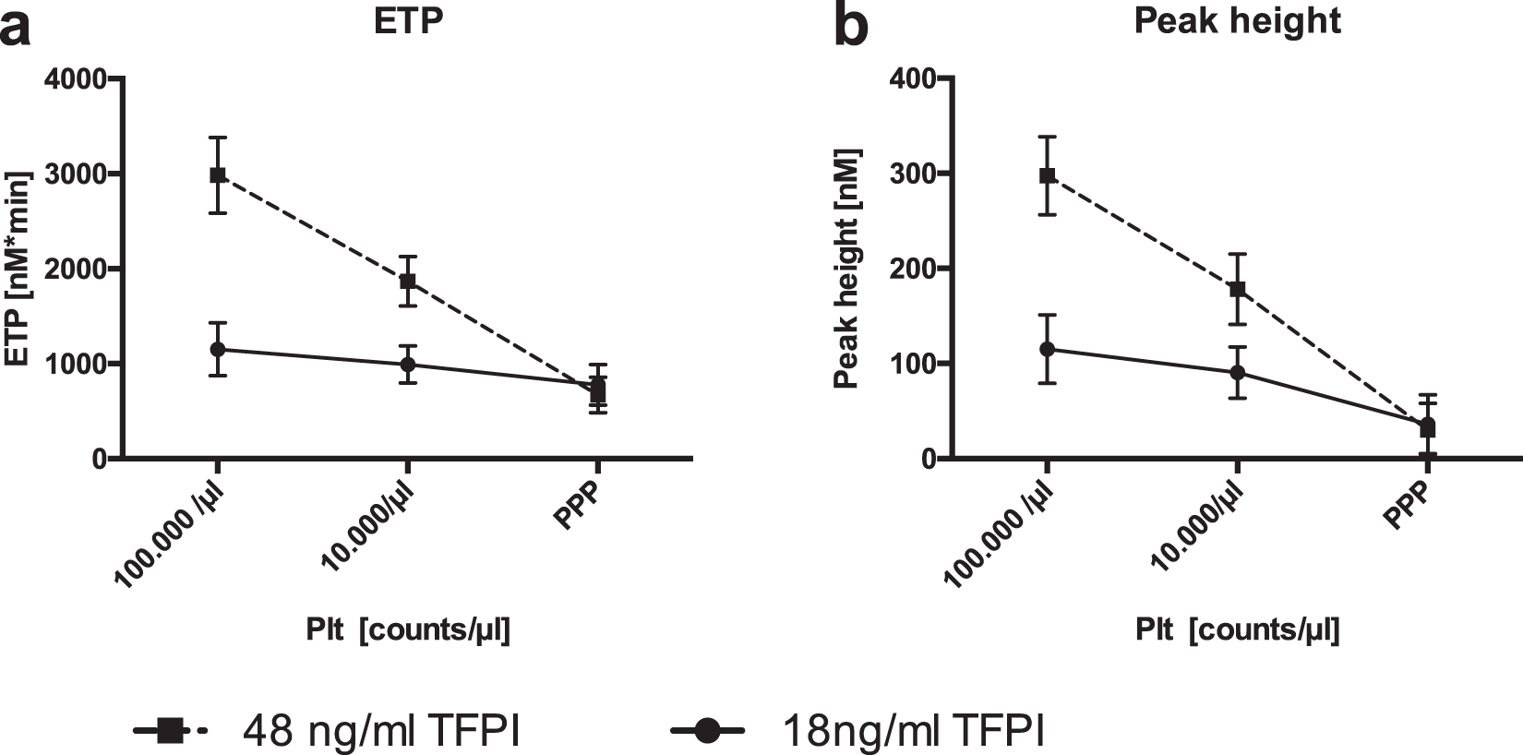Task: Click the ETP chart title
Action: [x=408, y=21]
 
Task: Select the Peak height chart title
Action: [x=1237, y=21]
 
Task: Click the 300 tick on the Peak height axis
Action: [x=908, y=174]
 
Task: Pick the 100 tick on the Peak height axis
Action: [x=908, y=364]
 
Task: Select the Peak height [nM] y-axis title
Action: [x=846, y=268]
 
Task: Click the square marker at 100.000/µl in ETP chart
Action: [x=218, y=174]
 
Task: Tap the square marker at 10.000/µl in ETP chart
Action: [x=408, y=281]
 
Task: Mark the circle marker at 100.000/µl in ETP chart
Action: [x=218, y=349]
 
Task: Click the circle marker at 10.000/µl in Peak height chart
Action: [x=1237, y=373]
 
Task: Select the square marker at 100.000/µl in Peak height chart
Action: [x=1047, y=174]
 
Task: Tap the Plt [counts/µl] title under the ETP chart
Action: [x=408, y=630]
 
